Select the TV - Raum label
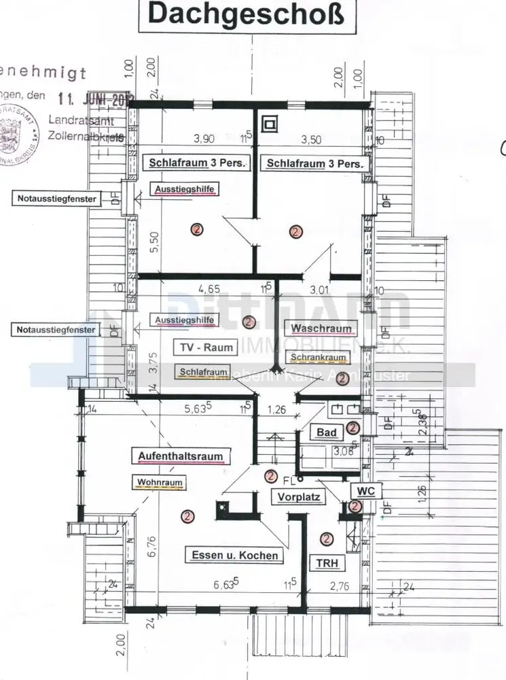pos(206,347)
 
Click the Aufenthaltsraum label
pos(181,456)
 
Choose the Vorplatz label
pos(298,497)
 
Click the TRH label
pos(327,563)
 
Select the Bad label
pos(323,432)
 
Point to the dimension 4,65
pos(205,288)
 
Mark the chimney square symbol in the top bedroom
pos(271,124)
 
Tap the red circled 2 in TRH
pos(327,539)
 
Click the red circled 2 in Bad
pos(353,427)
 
